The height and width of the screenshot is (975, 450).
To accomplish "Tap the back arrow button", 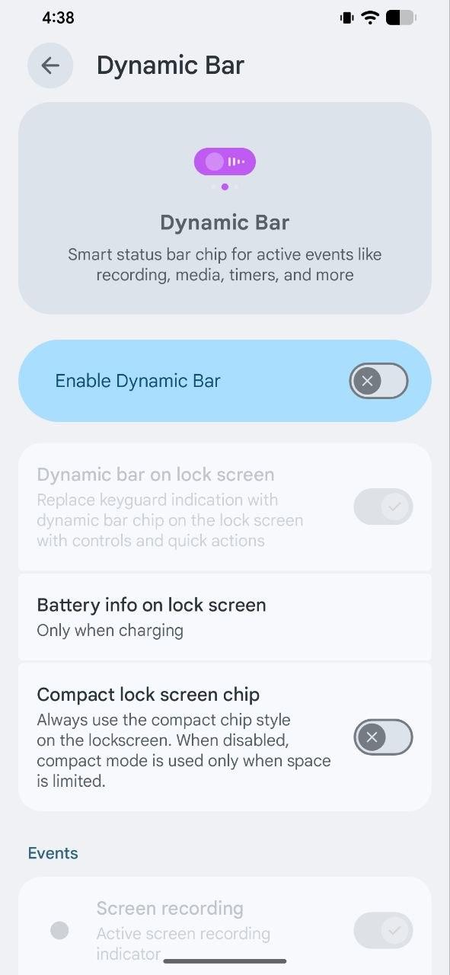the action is (50, 66).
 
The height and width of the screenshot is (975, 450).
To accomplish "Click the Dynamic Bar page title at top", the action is (170, 66).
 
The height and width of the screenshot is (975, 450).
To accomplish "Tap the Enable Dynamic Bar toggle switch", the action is (378, 381).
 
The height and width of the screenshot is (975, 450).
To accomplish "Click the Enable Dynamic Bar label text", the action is (138, 381).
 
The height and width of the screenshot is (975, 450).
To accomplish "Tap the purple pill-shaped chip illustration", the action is (225, 161).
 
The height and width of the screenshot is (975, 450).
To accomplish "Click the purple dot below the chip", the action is (225, 187).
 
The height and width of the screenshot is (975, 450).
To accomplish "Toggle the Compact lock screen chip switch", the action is (383, 737).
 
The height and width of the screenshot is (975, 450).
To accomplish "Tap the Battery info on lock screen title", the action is (152, 605).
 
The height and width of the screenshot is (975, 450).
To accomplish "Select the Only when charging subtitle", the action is (110, 630).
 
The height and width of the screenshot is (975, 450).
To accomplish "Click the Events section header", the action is (53, 853).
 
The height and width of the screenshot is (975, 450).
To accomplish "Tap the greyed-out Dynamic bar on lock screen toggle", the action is (383, 507).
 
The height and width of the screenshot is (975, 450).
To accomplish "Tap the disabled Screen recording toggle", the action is (383, 931).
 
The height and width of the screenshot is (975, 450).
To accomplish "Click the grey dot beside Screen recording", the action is (59, 931).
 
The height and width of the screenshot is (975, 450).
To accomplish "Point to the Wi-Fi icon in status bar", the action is (370, 18).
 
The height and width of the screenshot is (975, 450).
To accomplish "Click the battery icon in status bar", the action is (401, 18).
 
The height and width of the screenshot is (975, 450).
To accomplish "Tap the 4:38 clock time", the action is (59, 18).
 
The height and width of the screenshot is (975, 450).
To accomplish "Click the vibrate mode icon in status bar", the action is (347, 18).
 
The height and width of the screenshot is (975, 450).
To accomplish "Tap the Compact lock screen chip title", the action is (148, 695).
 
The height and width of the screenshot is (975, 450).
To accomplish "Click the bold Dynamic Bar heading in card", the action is (225, 222).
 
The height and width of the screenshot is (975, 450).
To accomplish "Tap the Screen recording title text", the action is (170, 909).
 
